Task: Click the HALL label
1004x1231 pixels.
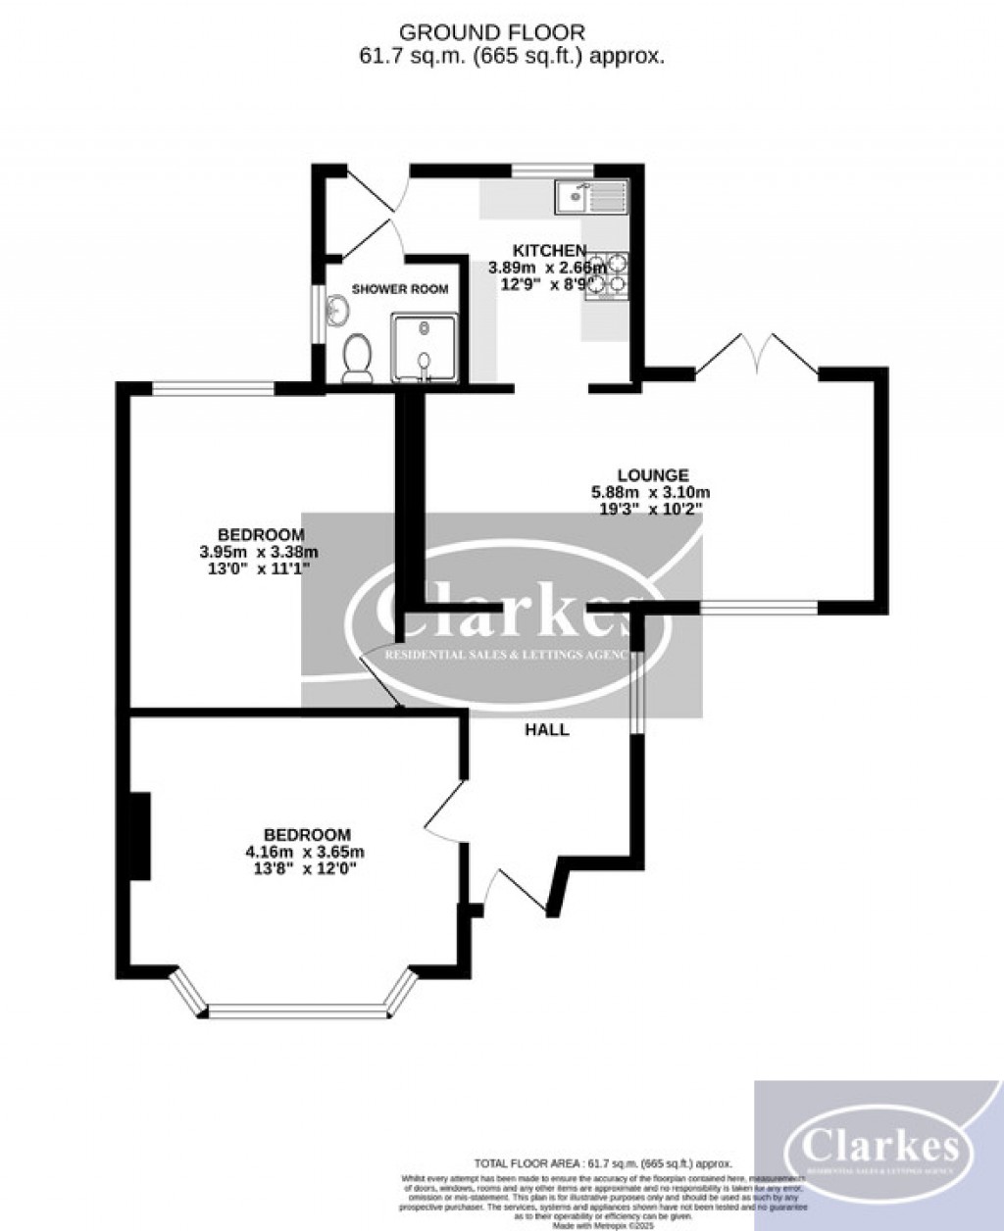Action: tap(547, 730)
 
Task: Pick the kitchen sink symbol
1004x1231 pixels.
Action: tap(590, 197)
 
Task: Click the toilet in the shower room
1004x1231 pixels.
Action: tap(356, 359)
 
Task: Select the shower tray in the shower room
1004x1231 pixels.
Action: tap(424, 348)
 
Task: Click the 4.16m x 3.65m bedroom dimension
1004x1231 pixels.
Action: tap(298, 852)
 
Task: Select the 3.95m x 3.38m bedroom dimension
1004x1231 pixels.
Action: tap(259, 552)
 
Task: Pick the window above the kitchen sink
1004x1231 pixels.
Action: tap(553, 171)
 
